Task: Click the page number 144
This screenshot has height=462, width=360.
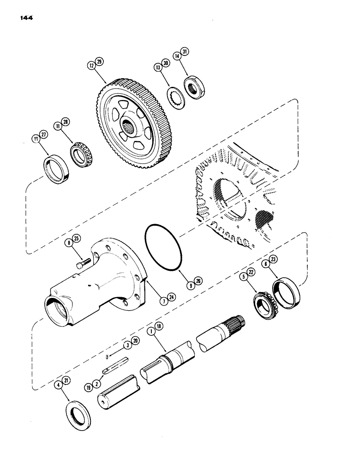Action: [30, 19]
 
